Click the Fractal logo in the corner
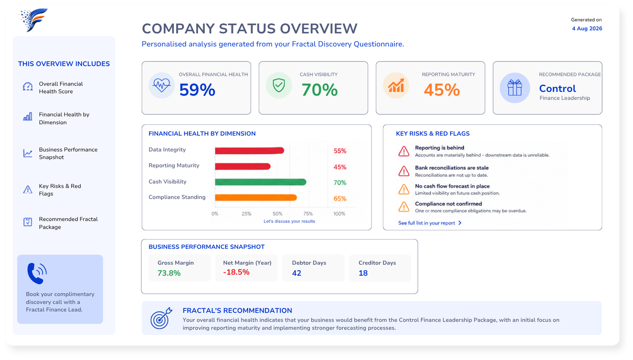33,20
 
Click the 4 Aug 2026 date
587,28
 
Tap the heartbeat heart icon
162,85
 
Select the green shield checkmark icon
279,85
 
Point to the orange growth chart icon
396,85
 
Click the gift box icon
515,87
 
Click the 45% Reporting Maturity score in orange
442,90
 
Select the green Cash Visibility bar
261,182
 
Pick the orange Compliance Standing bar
256,197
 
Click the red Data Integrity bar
250,151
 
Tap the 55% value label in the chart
340,151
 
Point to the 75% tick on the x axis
308,214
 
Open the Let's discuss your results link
289,221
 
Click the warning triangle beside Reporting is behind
404,151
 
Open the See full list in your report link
430,223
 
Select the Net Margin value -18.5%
236,272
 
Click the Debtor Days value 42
296,273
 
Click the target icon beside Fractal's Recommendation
161,318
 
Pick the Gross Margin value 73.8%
169,273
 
